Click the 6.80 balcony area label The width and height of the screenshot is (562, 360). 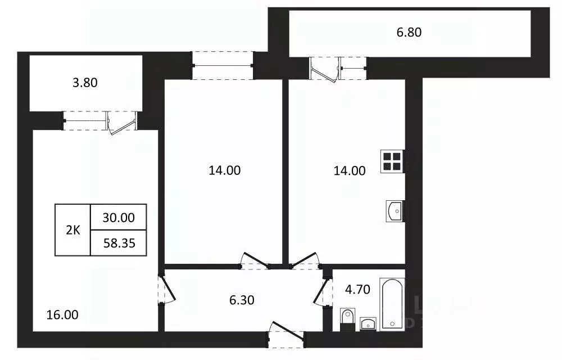(x=409, y=32)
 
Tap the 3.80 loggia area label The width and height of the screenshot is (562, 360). (x=85, y=83)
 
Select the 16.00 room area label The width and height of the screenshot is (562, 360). (x=63, y=314)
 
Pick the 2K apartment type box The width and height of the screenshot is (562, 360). (x=72, y=230)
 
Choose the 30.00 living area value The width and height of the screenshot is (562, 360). (x=119, y=217)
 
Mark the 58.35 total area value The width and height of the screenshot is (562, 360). (x=119, y=243)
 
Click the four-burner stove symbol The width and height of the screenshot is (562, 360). (x=392, y=161)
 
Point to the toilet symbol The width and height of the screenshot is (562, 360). (x=347, y=319)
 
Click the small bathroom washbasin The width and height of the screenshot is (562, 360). (x=368, y=323)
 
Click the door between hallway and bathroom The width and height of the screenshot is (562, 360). (x=323, y=290)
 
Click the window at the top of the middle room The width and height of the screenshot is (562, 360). (x=222, y=66)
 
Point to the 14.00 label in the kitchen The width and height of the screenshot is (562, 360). (x=350, y=170)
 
